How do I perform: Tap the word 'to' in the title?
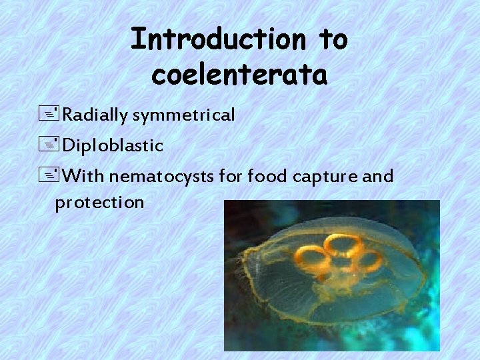[x=332, y=39]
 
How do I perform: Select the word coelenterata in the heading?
[x=239, y=75]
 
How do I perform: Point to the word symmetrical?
[x=184, y=115]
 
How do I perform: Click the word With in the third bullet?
[x=85, y=177]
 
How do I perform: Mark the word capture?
[x=326, y=177]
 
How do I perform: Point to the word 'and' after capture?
[x=378, y=177]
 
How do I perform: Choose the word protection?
[x=99, y=202]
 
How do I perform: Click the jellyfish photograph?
[x=331, y=275]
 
